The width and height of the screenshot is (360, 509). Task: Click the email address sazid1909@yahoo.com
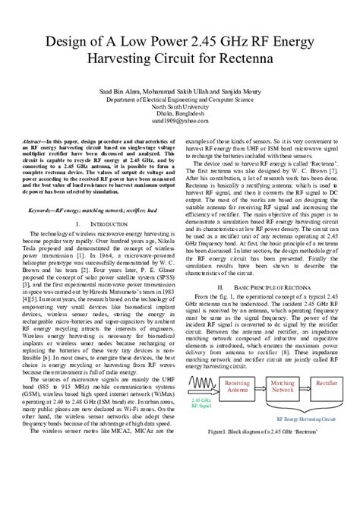point(179,120)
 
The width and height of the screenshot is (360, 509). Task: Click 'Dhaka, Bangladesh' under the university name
point(179,113)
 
